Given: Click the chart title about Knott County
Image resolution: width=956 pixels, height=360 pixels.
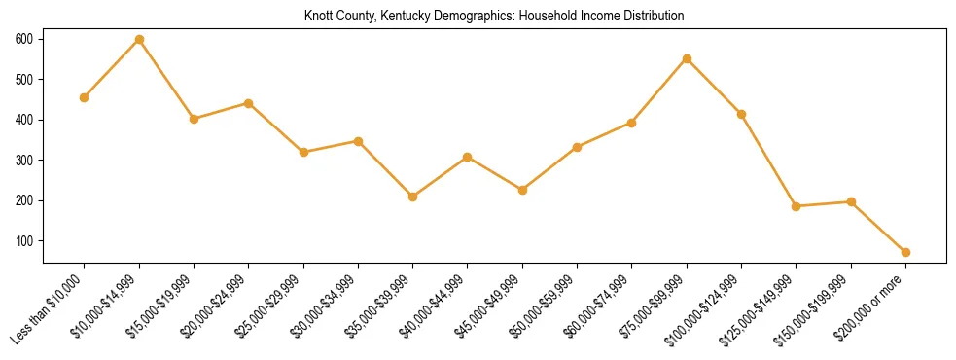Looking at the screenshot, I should (x=494, y=17).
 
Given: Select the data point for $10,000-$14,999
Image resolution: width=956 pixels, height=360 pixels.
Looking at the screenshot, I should (x=139, y=40).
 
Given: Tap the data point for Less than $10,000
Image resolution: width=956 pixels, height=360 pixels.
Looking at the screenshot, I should (x=85, y=97).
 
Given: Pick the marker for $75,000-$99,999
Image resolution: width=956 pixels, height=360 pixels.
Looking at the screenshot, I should (x=687, y=58).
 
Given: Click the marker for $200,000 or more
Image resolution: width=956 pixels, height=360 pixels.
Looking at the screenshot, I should (x=905, y=252).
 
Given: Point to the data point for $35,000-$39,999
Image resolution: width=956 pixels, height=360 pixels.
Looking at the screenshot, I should (x=413, y=197).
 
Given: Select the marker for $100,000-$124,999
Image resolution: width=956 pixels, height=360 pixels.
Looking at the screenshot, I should (x=741, y=114).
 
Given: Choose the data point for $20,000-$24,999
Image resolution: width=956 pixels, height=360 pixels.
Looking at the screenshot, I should (x=249, y=103).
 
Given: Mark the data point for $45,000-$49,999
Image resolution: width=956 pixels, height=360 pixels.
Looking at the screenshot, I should (x=522, y=190).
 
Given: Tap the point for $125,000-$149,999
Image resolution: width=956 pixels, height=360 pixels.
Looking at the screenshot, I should (x=796, y=206).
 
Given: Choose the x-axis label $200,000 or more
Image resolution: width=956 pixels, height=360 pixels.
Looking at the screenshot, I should (x=871, y=307).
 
